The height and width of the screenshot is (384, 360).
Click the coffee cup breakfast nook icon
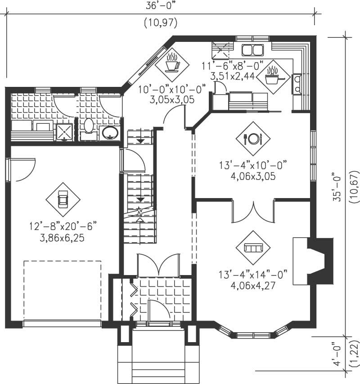171,64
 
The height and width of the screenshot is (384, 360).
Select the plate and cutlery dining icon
252,138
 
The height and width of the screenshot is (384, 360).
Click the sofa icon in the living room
253,248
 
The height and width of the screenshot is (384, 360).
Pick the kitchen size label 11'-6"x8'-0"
229,66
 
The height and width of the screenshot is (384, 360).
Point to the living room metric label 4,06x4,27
253,285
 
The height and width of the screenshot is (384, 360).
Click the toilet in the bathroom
88,126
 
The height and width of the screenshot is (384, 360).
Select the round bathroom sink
110,132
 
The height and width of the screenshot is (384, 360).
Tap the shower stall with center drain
64,131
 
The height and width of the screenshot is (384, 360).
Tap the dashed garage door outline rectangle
62,290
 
